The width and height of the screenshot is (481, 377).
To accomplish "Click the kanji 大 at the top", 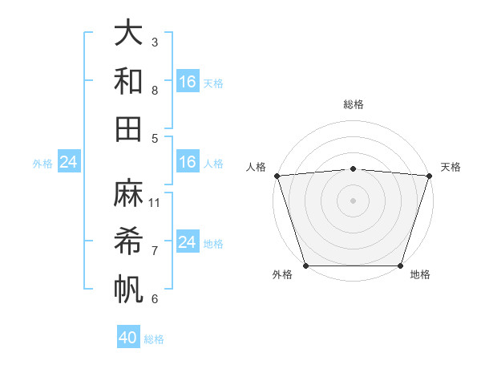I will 128,34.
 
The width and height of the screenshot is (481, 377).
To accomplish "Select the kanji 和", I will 128,81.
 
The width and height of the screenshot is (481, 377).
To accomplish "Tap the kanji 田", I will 128,128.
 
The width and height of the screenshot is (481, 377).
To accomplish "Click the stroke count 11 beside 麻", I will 155,202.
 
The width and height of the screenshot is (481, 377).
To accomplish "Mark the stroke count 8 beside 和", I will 155,90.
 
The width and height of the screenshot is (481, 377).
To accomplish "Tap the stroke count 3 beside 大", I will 155,42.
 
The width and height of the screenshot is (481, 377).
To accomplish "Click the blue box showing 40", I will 128,338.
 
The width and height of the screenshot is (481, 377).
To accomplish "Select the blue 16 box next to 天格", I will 188,82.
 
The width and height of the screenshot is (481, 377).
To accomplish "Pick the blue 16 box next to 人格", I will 188,163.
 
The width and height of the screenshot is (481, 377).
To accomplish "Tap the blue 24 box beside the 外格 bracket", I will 68,163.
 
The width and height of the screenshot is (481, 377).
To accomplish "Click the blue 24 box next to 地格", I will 188,242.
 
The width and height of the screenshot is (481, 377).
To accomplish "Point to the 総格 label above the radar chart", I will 353,104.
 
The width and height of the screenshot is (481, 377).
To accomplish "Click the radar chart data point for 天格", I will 429,176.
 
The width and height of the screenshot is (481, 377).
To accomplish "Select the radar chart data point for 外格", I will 306,265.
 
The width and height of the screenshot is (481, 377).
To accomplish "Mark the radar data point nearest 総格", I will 353,168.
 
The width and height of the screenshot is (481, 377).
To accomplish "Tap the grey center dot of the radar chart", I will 353,200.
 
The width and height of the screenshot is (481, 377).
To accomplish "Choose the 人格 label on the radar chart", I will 257,167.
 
